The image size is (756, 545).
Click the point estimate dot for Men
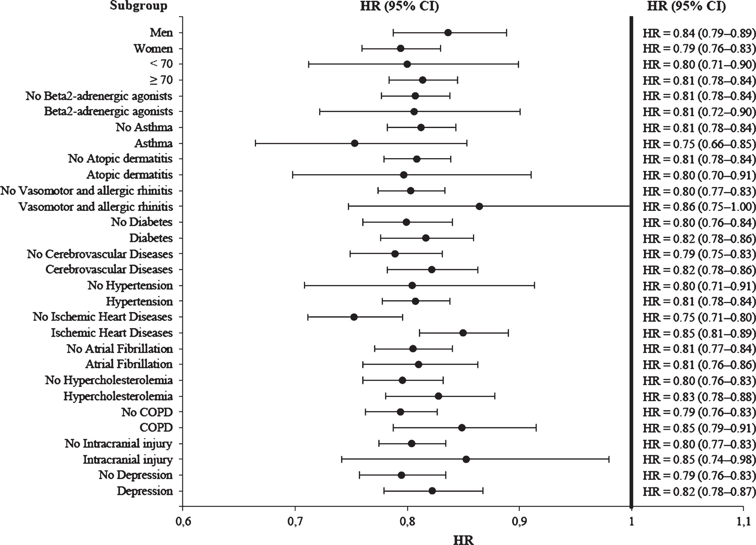point(448,33)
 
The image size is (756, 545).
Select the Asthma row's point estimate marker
point(355,143)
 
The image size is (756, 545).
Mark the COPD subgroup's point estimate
point(462,428)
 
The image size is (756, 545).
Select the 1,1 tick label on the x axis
point(743,521)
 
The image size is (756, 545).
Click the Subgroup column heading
point(139,6)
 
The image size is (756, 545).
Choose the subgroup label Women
point(153,49)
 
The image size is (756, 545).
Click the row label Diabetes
point(151,238)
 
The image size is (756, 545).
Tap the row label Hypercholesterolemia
point(118,396)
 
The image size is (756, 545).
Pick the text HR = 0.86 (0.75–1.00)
point(699,207)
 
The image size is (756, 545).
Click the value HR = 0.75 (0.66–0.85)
point(699,144)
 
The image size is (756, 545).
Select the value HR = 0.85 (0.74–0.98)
point(699,460)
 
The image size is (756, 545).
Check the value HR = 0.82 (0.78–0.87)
point(699,491)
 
